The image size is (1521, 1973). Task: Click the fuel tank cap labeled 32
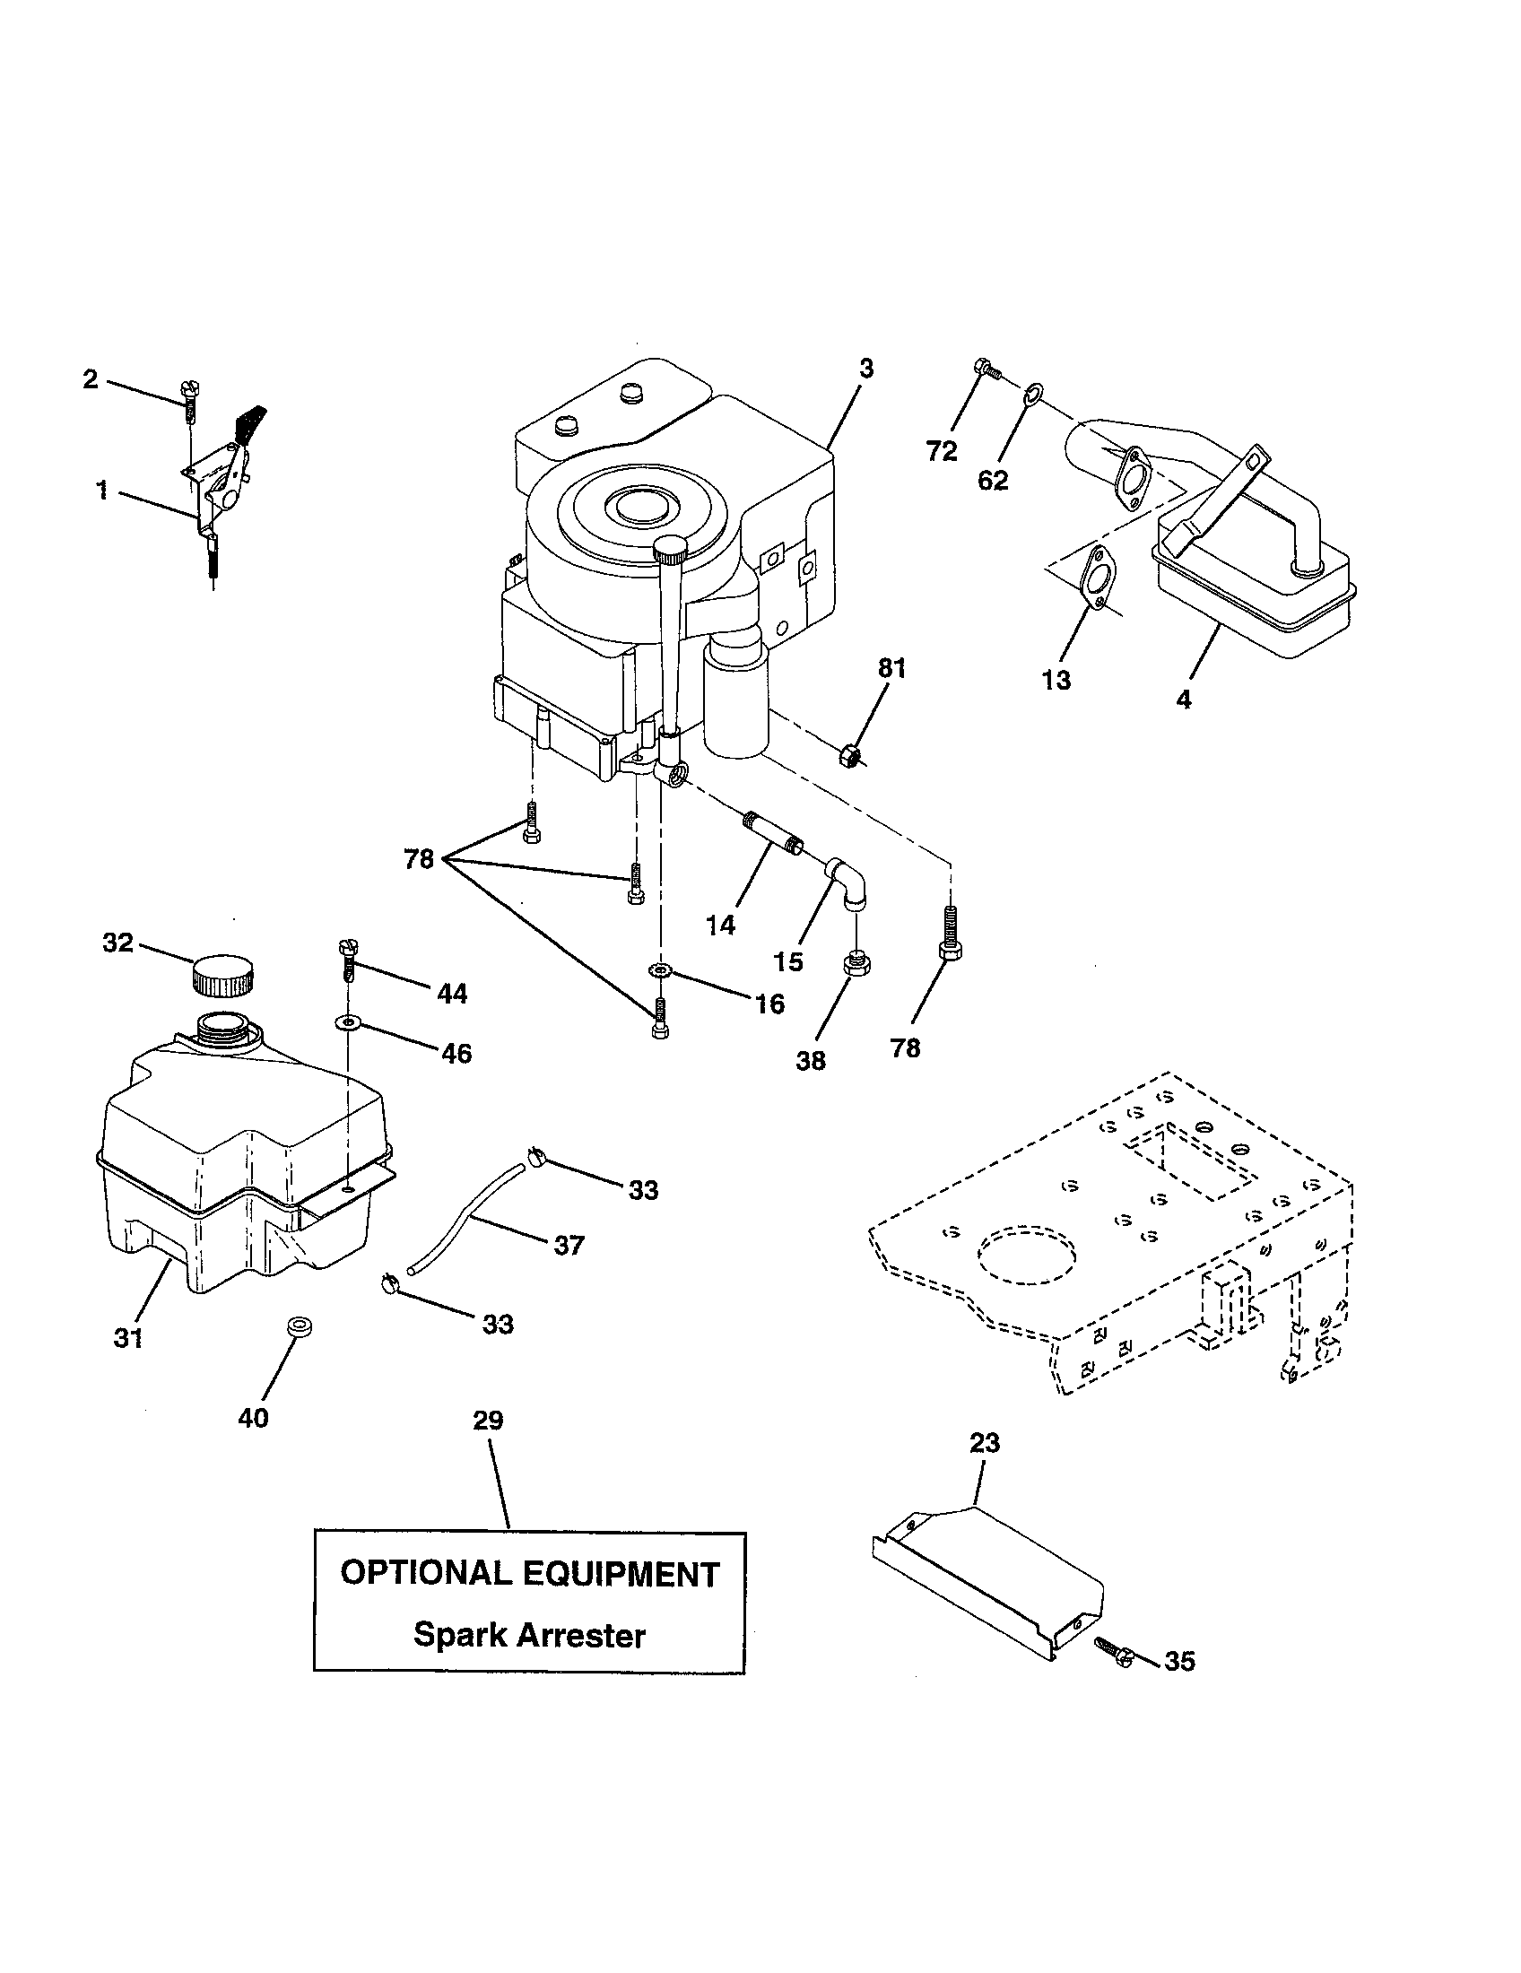pyautogui.click(x=222, y=975)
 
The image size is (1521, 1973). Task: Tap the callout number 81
pyautogui.click(x=891, y=668)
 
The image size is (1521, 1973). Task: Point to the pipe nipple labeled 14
pyautogui.click(x=773, y=833)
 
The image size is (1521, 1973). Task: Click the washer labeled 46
pyautogui.click(x=347, y=1021)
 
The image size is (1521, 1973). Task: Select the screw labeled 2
pyautogui.click(x=191, y=400)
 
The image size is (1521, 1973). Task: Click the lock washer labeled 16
pyautogui.click(x=660, y=969)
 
